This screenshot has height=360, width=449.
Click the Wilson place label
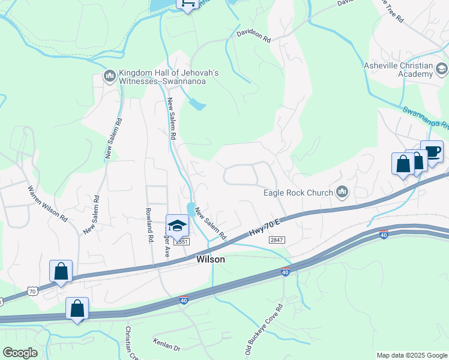211,260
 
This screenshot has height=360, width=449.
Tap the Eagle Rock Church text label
298,193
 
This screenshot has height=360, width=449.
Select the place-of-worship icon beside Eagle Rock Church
343,192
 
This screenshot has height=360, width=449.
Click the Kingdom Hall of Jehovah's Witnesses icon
109,76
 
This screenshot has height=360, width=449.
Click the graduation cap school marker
177,226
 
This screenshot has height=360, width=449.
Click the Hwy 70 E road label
265,224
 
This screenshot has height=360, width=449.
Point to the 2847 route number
277,240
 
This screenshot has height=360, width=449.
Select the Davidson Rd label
253,36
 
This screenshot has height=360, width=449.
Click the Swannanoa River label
425,118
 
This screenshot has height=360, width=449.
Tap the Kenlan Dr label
167,347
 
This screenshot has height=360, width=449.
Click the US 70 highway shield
33,292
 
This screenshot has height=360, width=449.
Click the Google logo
20,353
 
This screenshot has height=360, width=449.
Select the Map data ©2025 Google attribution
411,355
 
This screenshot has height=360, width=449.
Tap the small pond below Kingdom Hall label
196,104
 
